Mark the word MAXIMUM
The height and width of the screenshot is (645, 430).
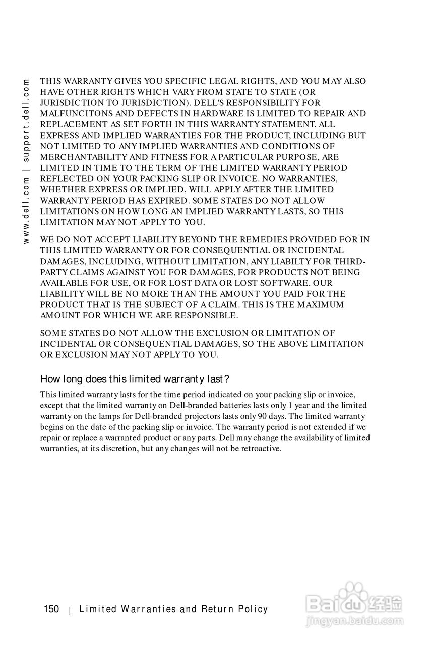click(321, 305)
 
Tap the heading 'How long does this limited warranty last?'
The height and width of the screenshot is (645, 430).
click(135, 379)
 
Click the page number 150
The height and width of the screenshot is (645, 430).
click(51, 609)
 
